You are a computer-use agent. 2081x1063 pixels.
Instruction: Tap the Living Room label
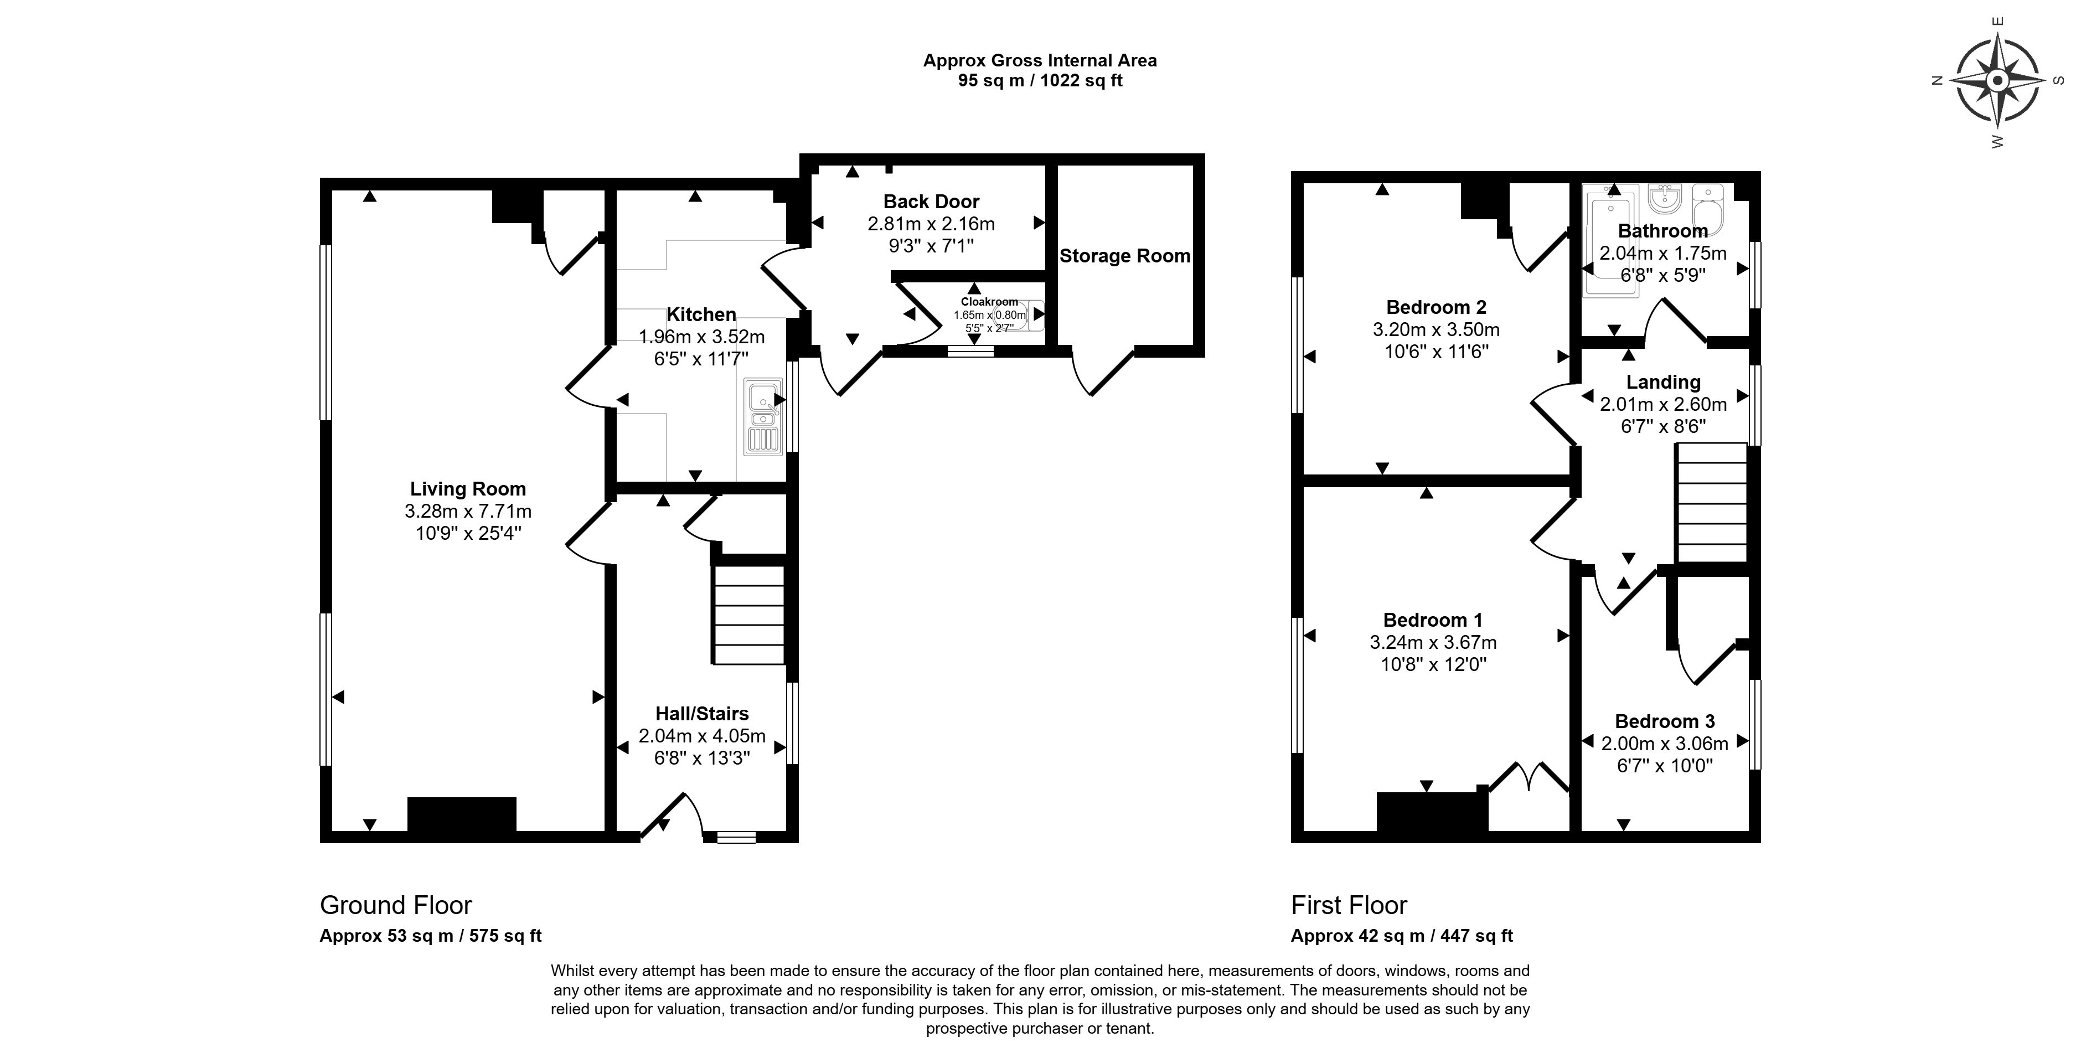point(468,489)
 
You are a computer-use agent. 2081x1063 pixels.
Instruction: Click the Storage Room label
point(1124,256)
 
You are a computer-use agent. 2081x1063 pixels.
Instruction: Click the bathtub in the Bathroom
point(1608,242)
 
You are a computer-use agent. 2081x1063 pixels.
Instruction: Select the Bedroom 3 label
point(1664,721)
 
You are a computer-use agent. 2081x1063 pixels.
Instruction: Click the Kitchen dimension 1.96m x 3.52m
point(701,336)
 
